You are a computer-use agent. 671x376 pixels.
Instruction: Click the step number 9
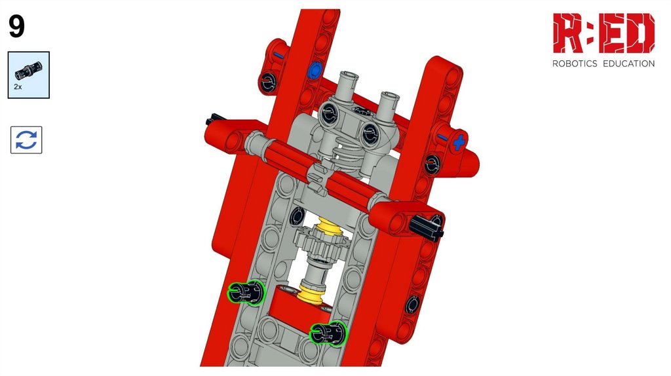tap(16, 26)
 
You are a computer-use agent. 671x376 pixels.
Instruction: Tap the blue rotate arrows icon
tap(26, 140)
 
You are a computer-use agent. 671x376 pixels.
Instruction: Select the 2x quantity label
tap(18, 86)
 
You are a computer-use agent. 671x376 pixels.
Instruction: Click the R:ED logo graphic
tap(604, 33)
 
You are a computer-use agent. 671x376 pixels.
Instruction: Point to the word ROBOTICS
tap(574, 64)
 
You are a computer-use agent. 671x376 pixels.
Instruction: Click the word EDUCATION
tap(628, 64)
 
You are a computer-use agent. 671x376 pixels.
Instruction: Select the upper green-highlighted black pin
tap(246, 293)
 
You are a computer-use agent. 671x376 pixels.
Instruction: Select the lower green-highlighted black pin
tap(328, 333)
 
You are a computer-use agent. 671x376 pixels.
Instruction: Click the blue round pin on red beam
tap(315, 69)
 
